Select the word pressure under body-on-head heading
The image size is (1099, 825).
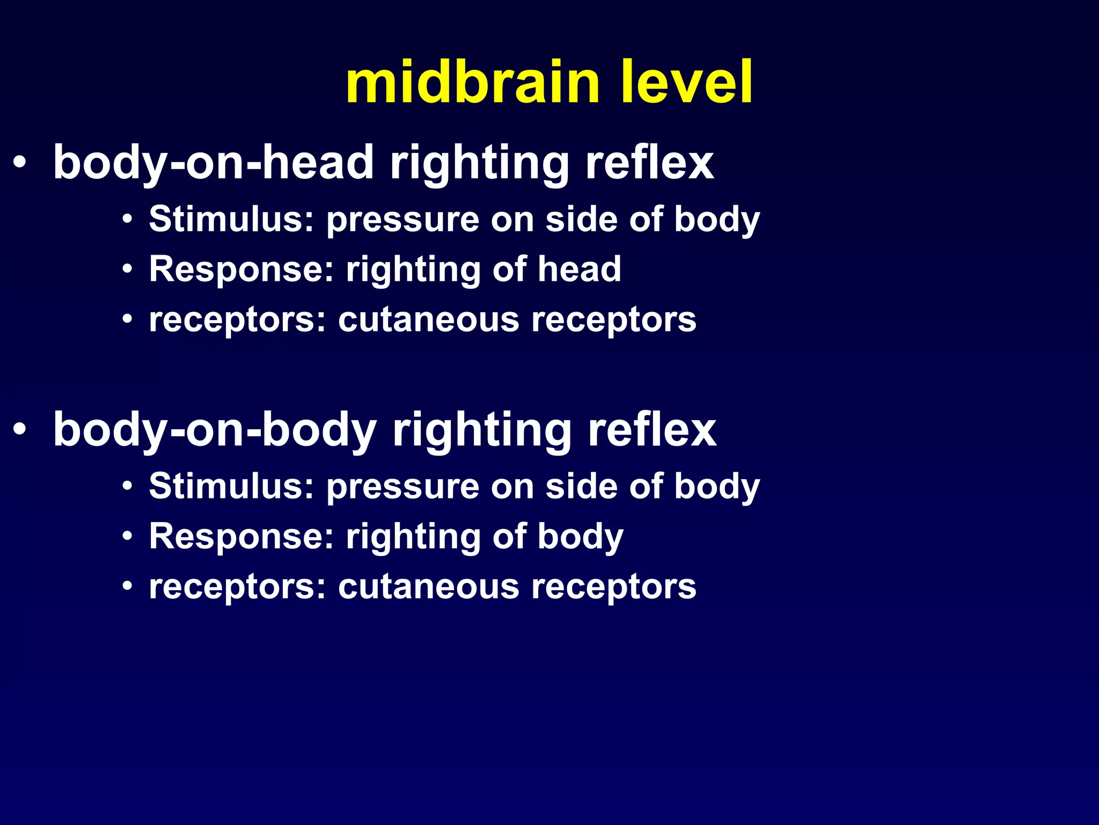pos(402,220)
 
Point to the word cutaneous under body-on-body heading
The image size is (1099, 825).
pos(428,587)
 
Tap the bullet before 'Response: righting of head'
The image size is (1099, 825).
pos(127,269)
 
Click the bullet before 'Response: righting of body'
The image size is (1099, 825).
pos(127,536)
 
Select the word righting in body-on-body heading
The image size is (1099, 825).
pos(482,431)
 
